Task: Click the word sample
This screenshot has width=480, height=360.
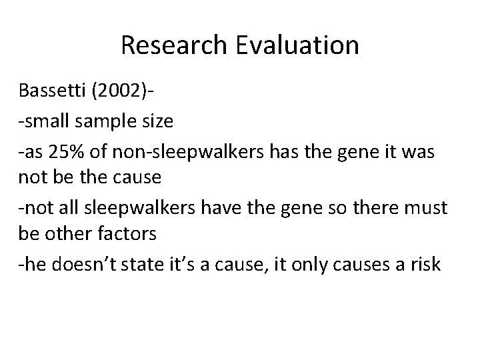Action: (x=100, y=122)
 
